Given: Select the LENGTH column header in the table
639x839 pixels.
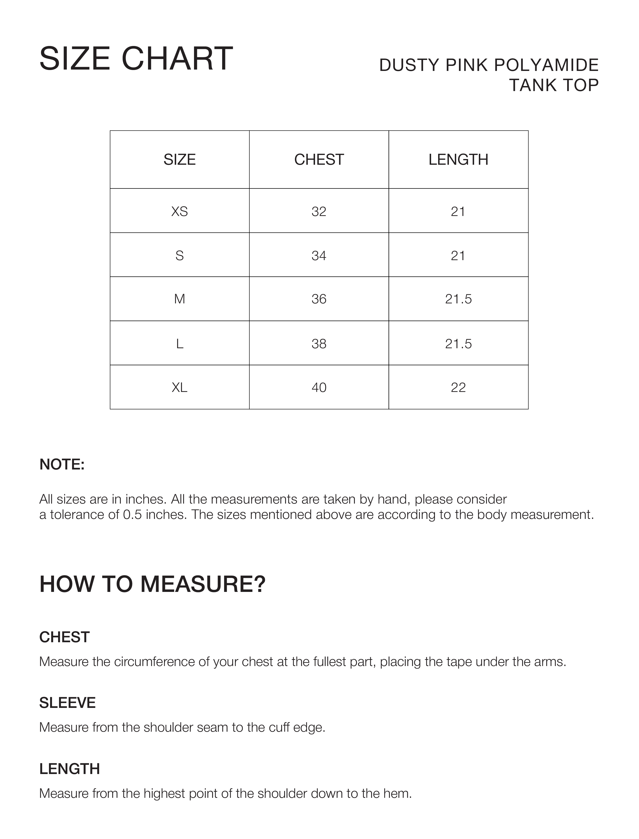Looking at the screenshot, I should tap(458, 160).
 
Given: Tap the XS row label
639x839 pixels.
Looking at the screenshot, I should tap(180, 211).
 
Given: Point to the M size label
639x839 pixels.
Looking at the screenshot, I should tap(180, 299).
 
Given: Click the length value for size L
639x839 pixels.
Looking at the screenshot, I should tap(458, 344).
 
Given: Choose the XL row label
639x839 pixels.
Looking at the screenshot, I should tap(180, 388).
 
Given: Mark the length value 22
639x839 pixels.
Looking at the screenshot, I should tap(458, 388).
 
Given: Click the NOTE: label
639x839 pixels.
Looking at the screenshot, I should tap(62, 464).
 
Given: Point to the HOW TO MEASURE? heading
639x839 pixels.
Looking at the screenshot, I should tap(152, 585).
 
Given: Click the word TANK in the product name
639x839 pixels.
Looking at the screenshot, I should tap(533, 85).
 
